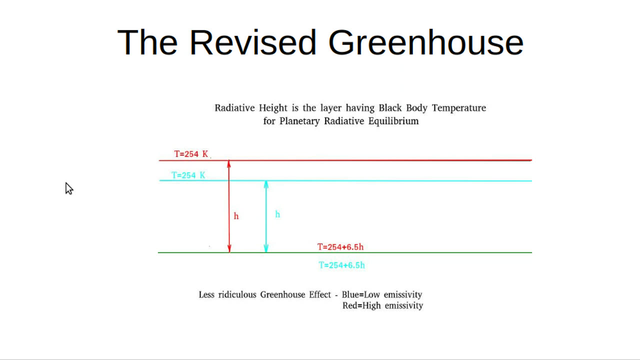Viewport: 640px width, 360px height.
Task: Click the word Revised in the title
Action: [x=252, y=42]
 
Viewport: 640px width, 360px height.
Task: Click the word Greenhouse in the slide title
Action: [x=425, y=42]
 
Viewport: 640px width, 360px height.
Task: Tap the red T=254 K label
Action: [x=191, y=154]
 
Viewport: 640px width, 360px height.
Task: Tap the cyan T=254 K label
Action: [x=188, y=175]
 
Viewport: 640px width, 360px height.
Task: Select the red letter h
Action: [x=236, y=216]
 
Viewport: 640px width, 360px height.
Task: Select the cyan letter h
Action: [x=277, y=214]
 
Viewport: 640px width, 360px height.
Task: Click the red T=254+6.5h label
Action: [x=340, y=247]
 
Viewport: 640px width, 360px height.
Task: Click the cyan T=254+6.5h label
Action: [x=342, y=265]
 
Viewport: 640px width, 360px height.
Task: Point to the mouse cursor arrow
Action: [x=68, y=188]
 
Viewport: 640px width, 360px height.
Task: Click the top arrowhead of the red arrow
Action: [x=229, y=163]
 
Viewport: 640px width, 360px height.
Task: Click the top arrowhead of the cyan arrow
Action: [x=266, y=184]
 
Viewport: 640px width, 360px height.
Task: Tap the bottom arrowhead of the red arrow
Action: [x=229, y=249]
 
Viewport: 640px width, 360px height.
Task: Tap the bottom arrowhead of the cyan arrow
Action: [x=266, y=249]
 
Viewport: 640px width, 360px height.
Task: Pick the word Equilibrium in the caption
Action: [x=394, y=121]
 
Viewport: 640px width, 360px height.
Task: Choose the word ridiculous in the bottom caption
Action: [x=236, y=294]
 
